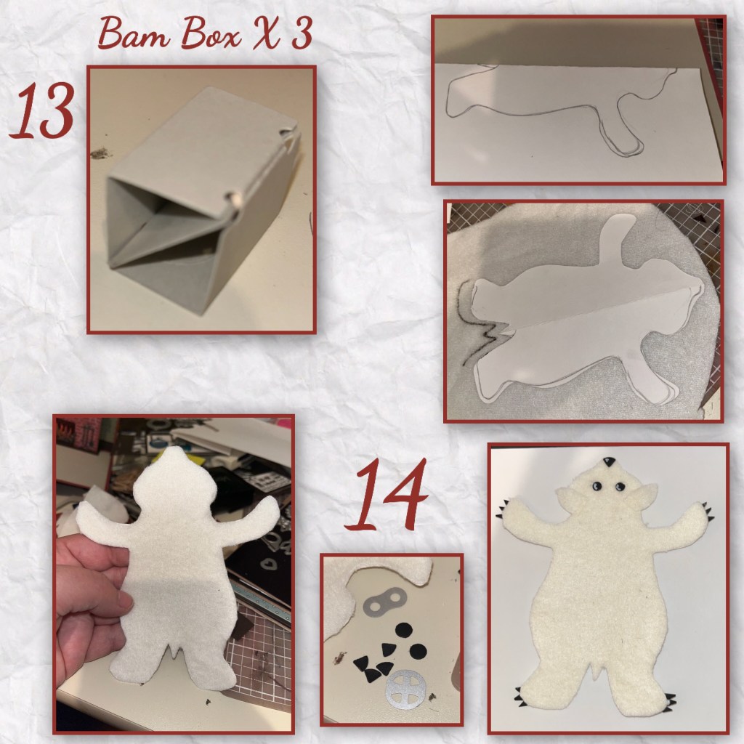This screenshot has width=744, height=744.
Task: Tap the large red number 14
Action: (x=387, y=494)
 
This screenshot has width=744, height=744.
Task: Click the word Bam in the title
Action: (x=134, y=33)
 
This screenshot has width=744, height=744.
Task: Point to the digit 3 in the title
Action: (x=302, y=33)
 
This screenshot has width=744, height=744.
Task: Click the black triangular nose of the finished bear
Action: (x=608, y=461)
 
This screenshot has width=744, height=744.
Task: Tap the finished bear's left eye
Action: (x=596, y=486)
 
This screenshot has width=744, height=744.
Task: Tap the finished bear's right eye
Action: (x=619, y=486)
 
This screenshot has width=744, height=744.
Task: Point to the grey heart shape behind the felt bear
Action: (x=270, y=565)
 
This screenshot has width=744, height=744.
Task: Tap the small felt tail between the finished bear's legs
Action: (x=599, y=669)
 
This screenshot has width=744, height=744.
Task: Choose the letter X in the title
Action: (x=267, y=33)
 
